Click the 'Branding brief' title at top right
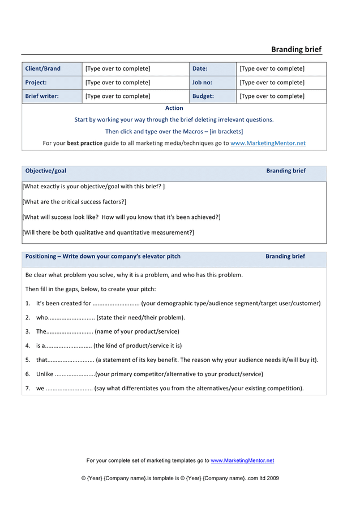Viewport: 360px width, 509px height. coord(296,50)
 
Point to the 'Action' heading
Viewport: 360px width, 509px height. coord(174,108)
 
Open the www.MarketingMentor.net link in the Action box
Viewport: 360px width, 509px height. coord(268,143)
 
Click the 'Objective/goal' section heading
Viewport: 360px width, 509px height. coord(46,171)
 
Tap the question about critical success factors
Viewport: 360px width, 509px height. coord(74,202)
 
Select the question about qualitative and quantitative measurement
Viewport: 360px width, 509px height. coord(108,232)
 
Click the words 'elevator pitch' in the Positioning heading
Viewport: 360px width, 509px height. coord(161,256)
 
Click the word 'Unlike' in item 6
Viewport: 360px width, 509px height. coord(45,374)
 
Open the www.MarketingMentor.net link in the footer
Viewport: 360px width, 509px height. coord(242,460)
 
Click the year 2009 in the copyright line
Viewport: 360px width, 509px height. coord(273,478)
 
